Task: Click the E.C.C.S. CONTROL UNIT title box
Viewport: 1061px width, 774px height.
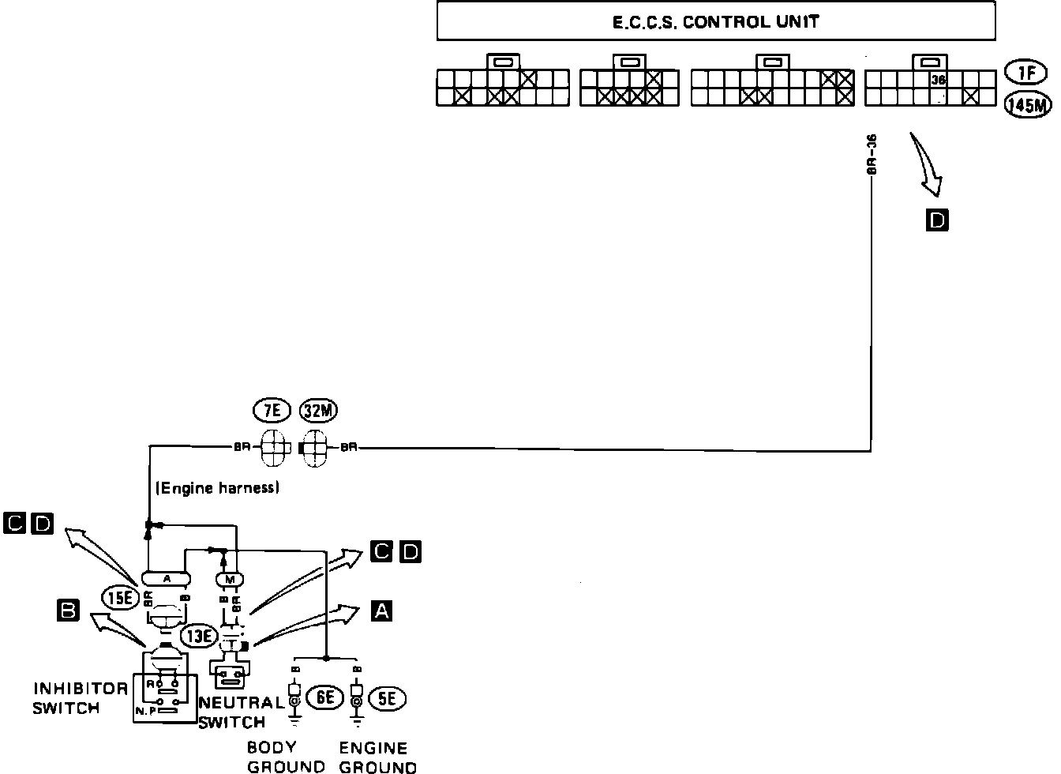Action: pos(716,21)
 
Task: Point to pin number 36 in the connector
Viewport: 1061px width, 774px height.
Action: pos(938,80)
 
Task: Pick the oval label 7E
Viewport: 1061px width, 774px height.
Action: pos(272,411)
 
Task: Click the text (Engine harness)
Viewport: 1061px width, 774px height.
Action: pos(219,489)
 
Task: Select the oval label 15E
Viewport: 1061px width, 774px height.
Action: pos(120,598)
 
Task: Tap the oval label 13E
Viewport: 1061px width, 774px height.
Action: pos(197,634)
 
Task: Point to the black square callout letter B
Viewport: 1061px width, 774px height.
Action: pos(69,610)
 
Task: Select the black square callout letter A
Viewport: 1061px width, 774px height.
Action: pos(381,610)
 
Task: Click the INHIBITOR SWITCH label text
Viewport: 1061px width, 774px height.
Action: pos(79,698)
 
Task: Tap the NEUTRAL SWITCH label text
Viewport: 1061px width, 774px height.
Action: pos(240,712)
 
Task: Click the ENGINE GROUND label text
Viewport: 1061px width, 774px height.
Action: pos(377,757)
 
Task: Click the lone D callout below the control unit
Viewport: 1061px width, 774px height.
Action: pos(937,220)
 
